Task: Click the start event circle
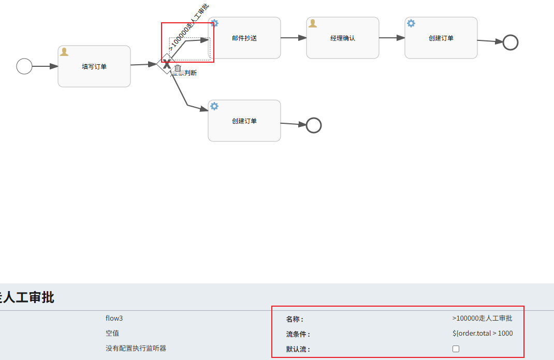click(24, 66)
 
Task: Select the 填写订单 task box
click(94, 66)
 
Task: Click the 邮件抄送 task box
click(244, 38)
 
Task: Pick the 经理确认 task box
click(343, 38)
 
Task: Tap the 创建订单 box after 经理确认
click(441, 38)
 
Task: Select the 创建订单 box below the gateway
click(244, 121)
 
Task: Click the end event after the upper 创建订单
click(511, 42)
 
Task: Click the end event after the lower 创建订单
click(314, 125)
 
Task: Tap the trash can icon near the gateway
click(178, 68)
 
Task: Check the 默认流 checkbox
click(456, 349)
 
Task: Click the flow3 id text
click(114, 318)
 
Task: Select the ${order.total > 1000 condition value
click(483, 333)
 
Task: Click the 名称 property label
click(295, 319)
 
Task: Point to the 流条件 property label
click(298, 334)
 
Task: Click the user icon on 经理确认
click(313, 23)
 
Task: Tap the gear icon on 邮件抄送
click(214, 23)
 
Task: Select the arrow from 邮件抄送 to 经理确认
click(294, 38)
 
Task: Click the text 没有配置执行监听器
click(136, 348)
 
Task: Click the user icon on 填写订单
click(64, 52)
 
